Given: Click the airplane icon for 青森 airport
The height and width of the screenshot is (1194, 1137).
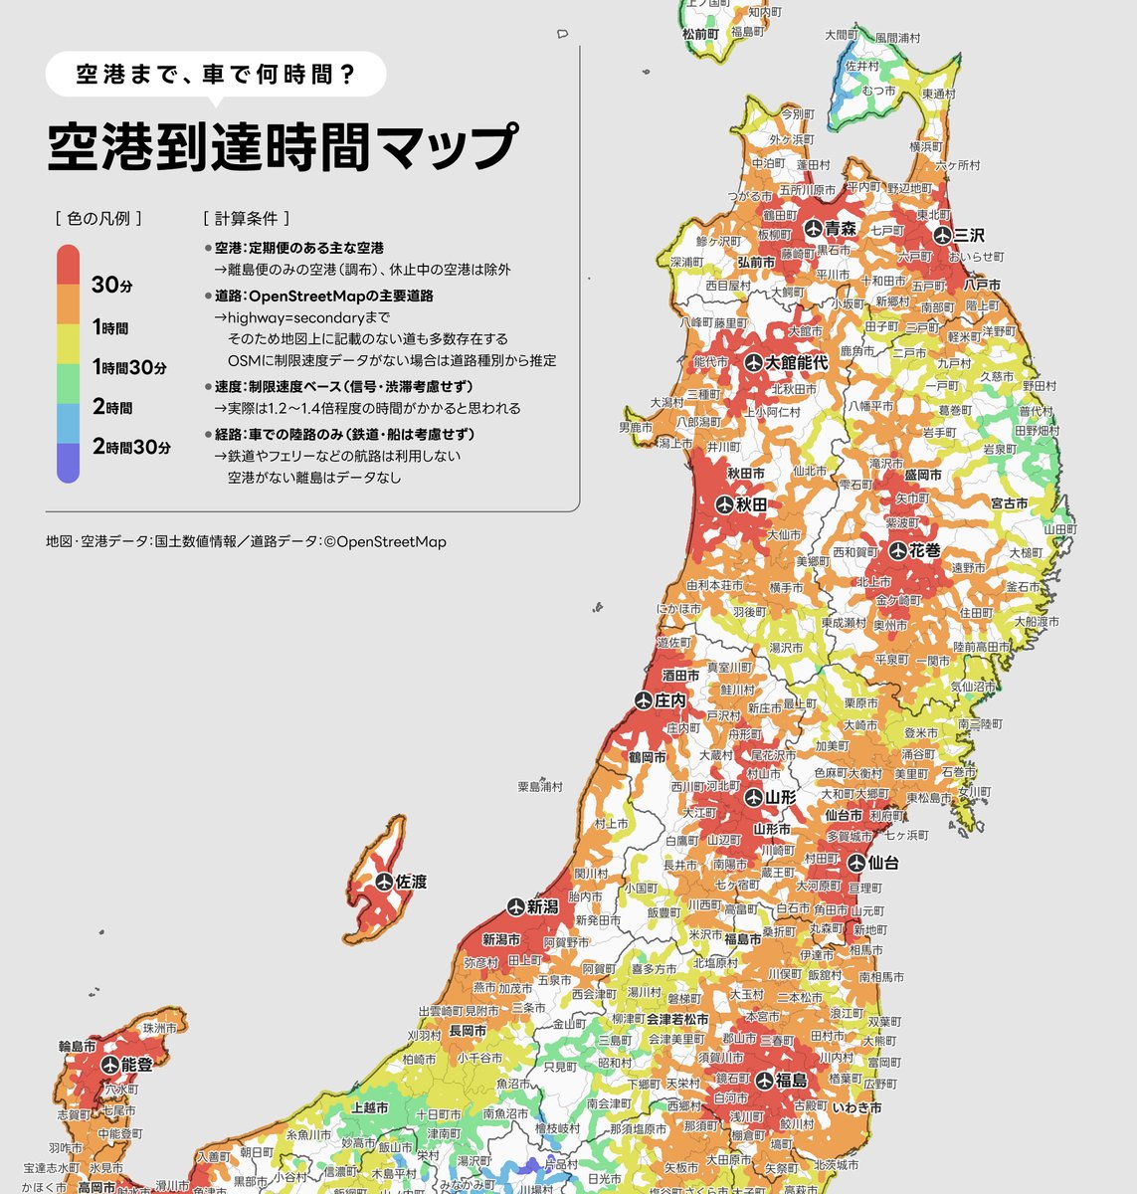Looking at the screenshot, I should pos(813,229).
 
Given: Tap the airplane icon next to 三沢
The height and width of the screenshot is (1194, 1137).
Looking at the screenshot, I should pos(942,235).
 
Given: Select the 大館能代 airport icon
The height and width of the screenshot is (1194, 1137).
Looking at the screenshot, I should pos(753,363).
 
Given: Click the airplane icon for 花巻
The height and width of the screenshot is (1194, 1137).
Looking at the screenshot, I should pos(898,550).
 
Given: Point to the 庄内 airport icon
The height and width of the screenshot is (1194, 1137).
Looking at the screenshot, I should pos(643,700).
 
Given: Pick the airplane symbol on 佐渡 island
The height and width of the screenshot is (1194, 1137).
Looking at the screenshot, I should pos(384,882).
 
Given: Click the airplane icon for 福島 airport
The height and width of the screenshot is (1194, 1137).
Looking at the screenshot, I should pos(764,1080).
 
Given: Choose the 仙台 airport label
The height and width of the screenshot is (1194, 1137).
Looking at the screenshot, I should pos(883,863).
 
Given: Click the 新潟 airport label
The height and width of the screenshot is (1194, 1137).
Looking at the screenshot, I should pos(542,906).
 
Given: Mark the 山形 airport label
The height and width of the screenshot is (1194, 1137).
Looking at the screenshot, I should pos(781,797).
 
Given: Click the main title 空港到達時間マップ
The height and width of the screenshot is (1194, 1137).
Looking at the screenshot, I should pos(283,147).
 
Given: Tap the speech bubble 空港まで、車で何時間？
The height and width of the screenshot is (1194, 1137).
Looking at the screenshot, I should pos(216,74).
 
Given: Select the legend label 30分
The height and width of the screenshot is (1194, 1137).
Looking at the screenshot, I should pos(111,286).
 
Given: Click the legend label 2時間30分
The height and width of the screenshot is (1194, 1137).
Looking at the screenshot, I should pos(131,448).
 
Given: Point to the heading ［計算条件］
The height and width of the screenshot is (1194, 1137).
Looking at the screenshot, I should pos(246,218).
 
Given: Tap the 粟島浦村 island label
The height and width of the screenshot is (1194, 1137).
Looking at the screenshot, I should pos(540,786).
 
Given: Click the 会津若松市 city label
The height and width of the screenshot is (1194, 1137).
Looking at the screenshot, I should pos(677,1019).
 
